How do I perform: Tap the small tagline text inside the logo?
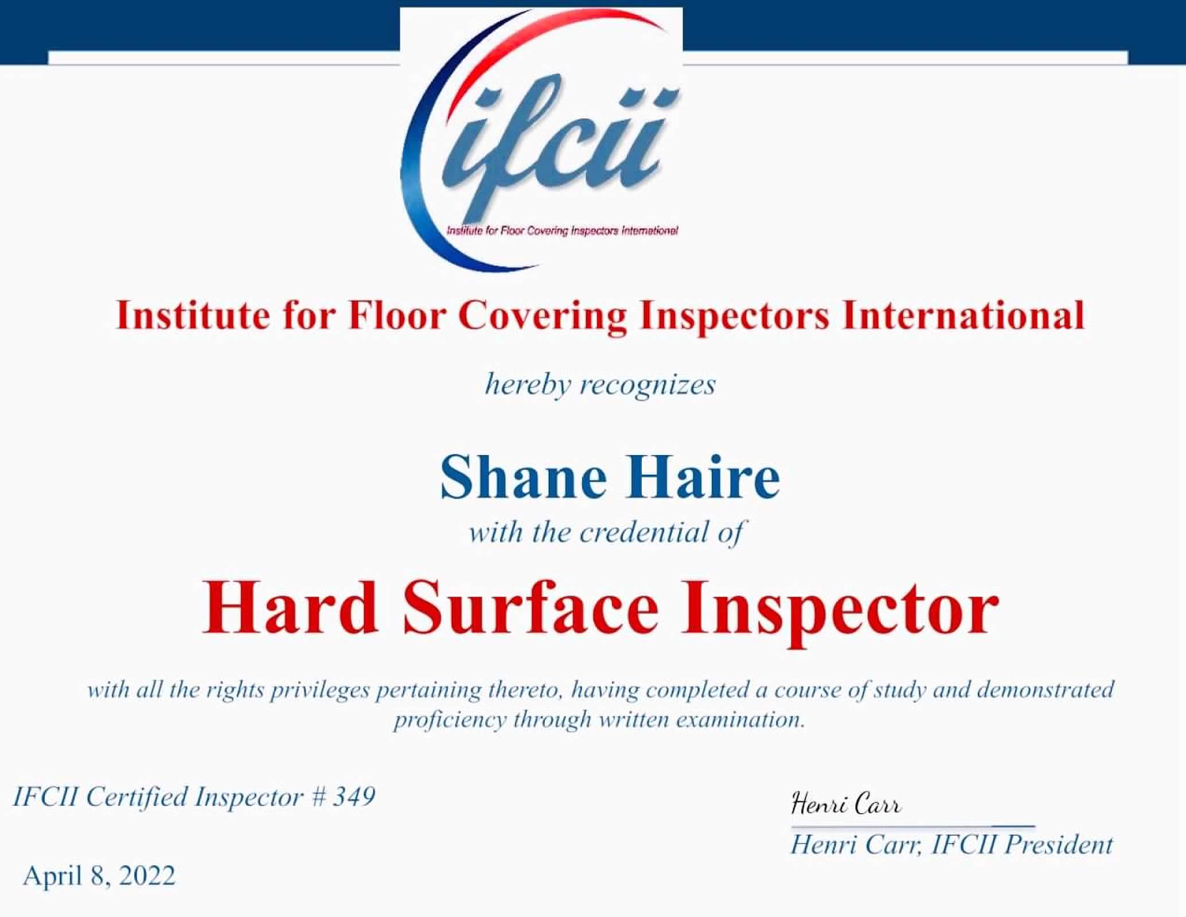click(562, 231)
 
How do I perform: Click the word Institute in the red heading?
click(192, 316)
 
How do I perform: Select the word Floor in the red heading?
click(397, 316)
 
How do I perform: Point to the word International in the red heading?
click(963, 316)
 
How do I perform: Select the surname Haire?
click(703, 477)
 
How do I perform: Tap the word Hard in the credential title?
click(290, 606)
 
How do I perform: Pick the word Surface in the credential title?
click(530, 606)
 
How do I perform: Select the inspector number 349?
click(354, 797)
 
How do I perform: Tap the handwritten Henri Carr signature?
click(846, 804)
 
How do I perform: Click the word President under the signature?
click(1059, 845)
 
